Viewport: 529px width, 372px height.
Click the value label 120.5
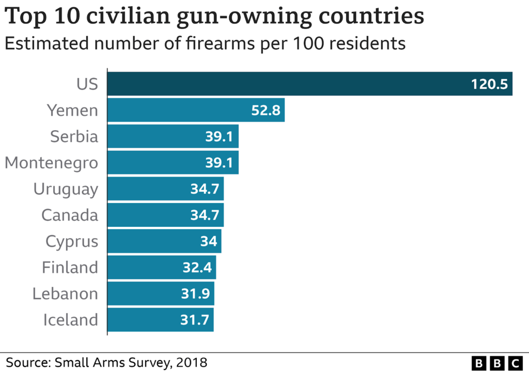[x=489, y=84]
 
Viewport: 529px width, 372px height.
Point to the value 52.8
[x=266, y=110]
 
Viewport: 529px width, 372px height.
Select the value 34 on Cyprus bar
[x=208, y=241]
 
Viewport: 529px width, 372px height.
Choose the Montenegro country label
[x=51, y=163]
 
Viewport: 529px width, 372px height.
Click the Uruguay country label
[x=66, y=189]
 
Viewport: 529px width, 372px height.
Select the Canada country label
[x=70, y=215]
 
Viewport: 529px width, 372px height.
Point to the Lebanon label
[x=65, y=293]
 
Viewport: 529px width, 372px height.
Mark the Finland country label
[x=70, y=268]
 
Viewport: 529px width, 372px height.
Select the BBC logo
[x=497, y=362]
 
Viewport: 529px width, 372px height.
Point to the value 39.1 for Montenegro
[x=220, y=163]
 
